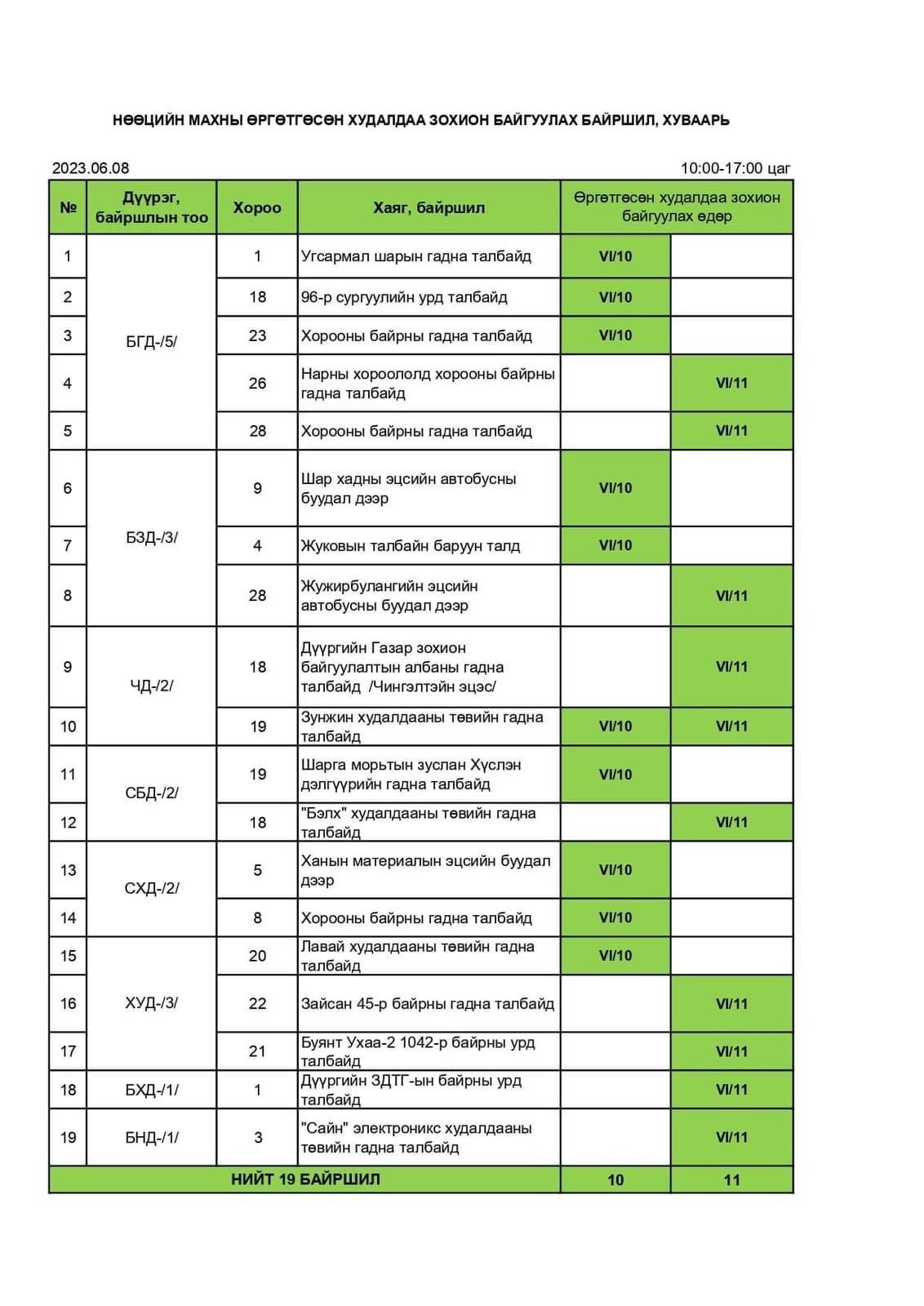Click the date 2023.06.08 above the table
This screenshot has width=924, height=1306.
91,168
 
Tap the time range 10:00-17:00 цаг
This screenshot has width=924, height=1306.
735,168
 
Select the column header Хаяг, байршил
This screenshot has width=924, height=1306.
429,208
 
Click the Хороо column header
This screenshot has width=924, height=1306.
257,208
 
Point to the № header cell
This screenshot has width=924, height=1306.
68,208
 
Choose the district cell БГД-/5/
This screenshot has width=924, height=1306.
151,342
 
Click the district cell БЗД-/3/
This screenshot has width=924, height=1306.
151,538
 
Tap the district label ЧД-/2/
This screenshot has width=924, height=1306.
151,686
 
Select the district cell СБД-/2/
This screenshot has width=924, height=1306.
151,793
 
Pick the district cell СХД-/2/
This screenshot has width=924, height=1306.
151,888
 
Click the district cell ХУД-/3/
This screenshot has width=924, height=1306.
151,1003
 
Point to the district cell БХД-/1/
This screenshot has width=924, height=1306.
151,1090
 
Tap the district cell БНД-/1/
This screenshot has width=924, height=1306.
151,1137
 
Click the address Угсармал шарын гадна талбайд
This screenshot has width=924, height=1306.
415,256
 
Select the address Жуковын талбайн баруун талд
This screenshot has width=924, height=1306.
410,545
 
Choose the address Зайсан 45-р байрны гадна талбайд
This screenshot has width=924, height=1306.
427,1003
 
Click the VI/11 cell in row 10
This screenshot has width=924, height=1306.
731,726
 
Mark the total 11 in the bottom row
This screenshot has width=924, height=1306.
731,1179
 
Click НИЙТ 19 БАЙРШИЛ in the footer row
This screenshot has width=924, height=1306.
305,1179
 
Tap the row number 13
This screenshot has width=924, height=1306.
68,870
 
